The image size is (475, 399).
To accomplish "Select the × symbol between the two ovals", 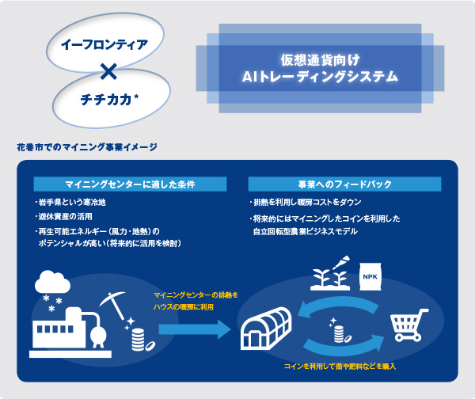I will pyautogui.click(x=109, y=73).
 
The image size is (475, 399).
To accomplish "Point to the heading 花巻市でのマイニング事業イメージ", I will pyautogui.click(x=86, y=146).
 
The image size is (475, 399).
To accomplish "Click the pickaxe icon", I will pyautogui.click(x=110, y=305).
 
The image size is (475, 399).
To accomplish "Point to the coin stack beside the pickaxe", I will pyautogui.click(x=139, y=341).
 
